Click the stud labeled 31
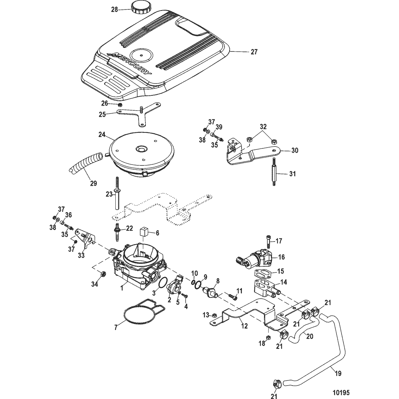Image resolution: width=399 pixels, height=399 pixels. pos(275,173)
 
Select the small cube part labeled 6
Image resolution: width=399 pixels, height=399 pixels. pos(145,233)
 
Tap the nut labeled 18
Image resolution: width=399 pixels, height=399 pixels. pos(268,338)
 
